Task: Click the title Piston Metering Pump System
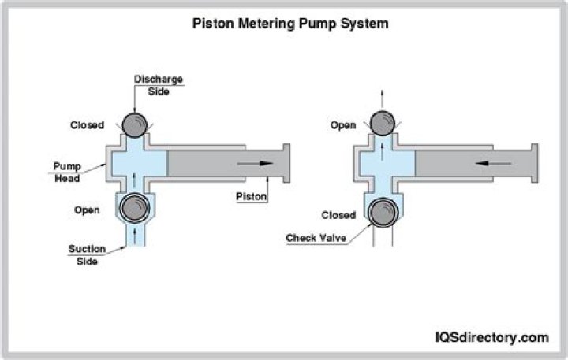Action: (x=291, y=24)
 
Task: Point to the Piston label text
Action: (x=252, y=196)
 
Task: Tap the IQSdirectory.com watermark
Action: (x=491, y=337)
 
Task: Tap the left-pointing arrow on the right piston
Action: (x=490, y=164)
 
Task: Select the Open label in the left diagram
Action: (x=86, y=210)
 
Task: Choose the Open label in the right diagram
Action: (x=343, y=125)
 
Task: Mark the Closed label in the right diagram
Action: (x=338, y=215)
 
